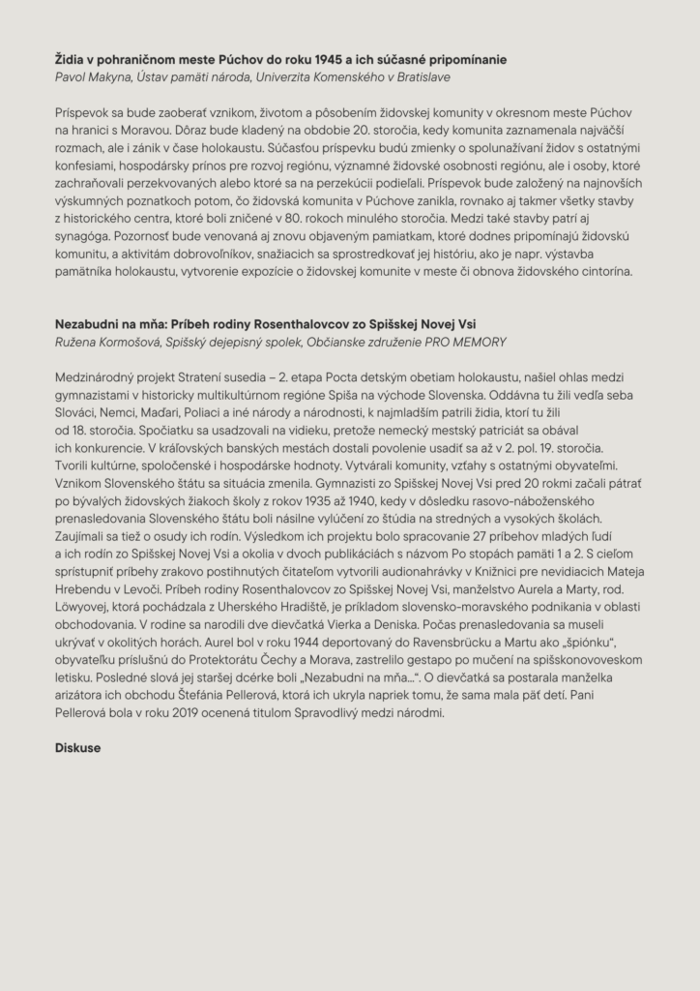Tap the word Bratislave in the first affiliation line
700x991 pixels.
419,76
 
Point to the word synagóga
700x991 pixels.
82,234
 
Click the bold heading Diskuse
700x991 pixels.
78,748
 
